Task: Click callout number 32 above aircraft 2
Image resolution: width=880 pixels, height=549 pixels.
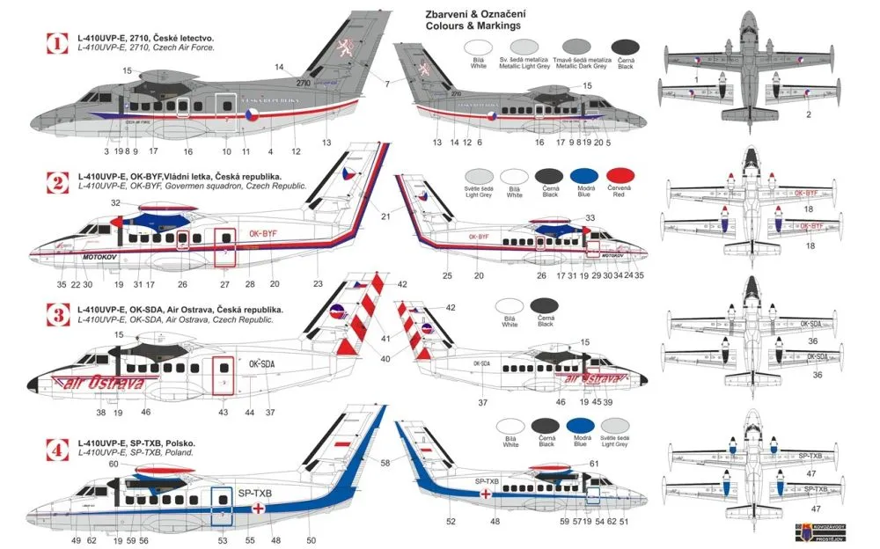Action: (116, 203)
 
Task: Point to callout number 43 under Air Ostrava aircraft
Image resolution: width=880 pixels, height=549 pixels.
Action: (223, 412)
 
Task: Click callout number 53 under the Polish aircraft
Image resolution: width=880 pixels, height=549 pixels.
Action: (223, 540)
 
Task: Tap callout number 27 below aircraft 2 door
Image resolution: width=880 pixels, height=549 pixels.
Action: (225, 284)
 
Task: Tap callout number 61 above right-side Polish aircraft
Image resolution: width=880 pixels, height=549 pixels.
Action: (594, 464)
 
